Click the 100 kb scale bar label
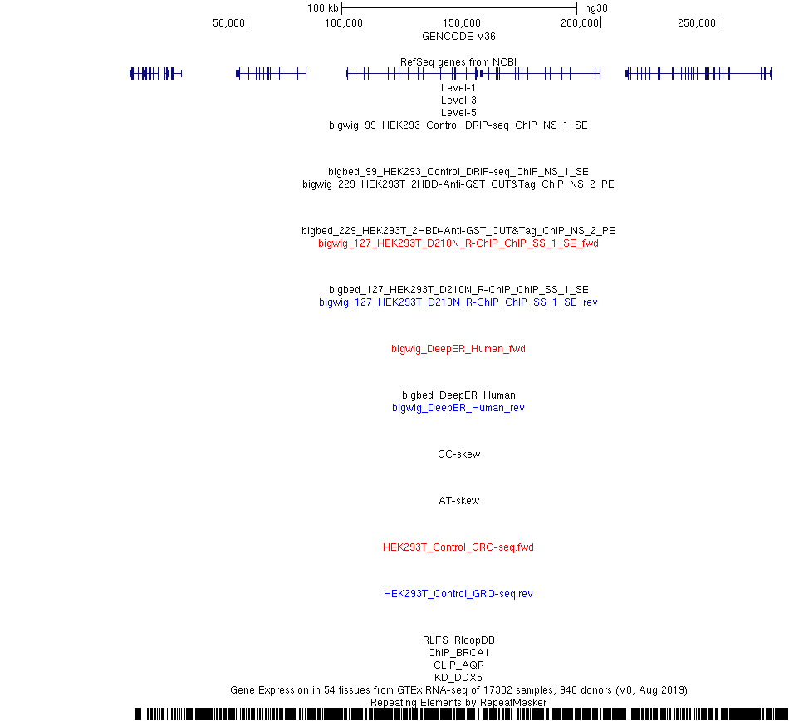point(323,8)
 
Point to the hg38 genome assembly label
point(596,8)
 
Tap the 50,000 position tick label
point(228,22)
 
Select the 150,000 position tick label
point(462,22)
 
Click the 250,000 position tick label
point(697,22)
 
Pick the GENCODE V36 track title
point(458,37)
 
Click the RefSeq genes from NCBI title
point(458,62)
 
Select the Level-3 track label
point(458,101)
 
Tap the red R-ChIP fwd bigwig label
point(458,243)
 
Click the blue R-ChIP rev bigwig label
point(458,302)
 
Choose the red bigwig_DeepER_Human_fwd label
point(458,349)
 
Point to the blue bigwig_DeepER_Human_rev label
point(458,408)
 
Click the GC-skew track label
point(459,454)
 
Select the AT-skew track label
point(459,501)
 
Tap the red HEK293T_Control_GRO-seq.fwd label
point(458,547)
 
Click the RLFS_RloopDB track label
point(458,640)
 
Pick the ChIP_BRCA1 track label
point(458,653)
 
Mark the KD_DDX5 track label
point(458,677)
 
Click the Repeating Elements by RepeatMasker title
point(458,703)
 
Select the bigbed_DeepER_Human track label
point(458,395)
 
